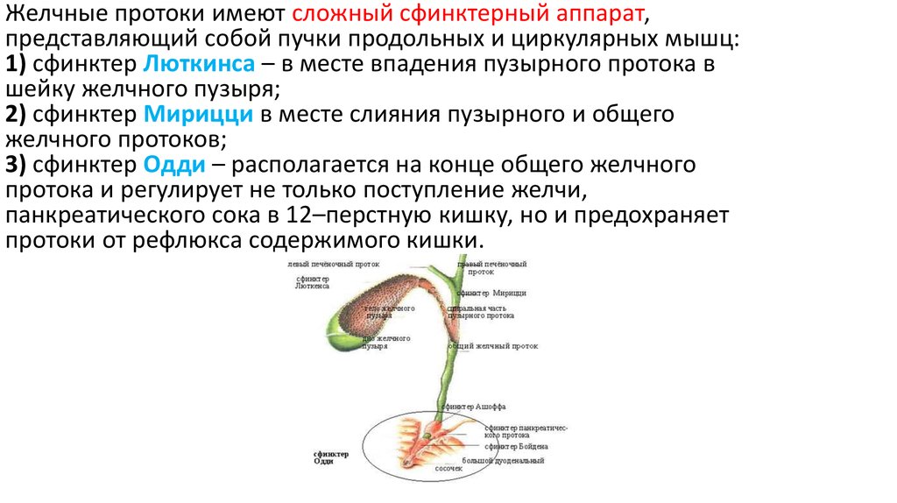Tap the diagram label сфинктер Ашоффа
tap(474, 407)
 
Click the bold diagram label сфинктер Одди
tap(331, 457)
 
